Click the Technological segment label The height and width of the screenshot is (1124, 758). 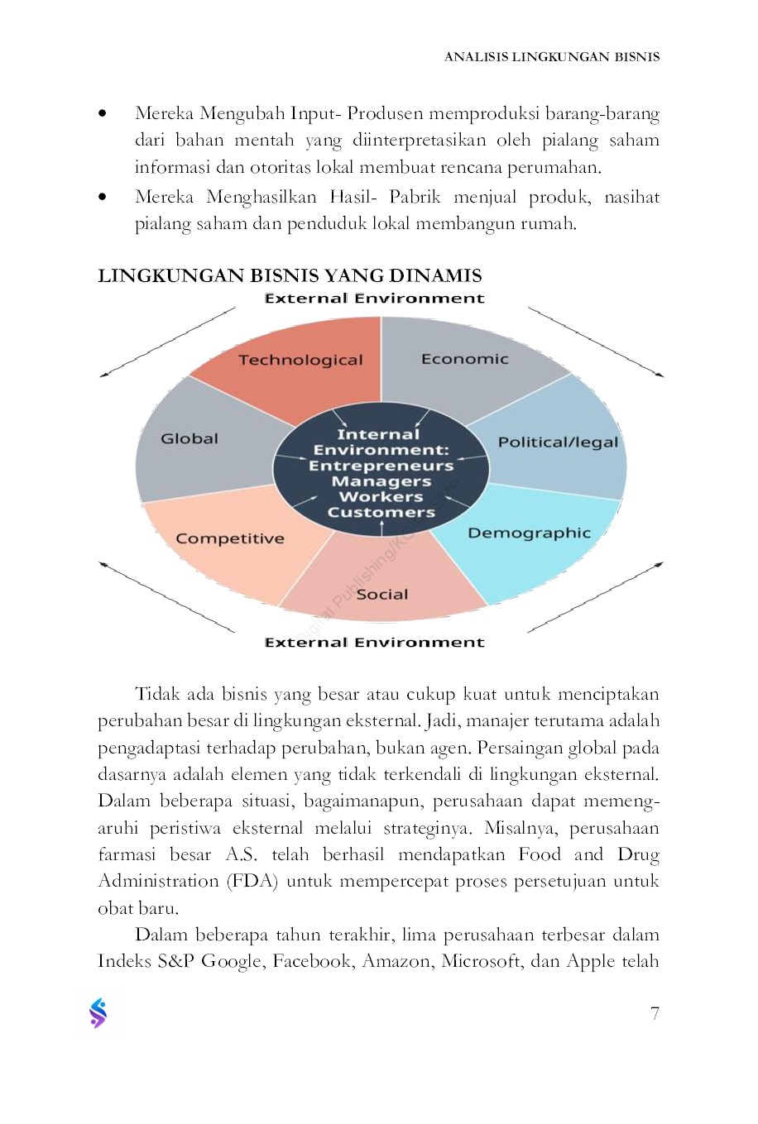pyautogui.click(x=300, y=360)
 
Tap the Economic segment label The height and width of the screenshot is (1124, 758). pyautogui.click(x=464, y=359)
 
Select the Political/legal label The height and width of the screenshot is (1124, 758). pyautogui.click(x=558, y=442)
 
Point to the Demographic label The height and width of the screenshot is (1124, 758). pyautogui.click(x=529, y=533)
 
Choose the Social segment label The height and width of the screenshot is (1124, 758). pyautogui.click(x=381, y=594)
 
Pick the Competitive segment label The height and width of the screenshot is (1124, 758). pyautogui.click(x=229, y=538)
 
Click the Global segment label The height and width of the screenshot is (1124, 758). pyautogui.click(x=189, y=438)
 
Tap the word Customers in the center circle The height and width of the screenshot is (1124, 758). pyautogui.click(x=381, y=512)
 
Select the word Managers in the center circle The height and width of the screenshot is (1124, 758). pyautogui.click(x=381, y=481)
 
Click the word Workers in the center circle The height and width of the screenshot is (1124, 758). pyautogui.click(x=381, y=496)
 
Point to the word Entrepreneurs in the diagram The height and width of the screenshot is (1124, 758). pyautogui.click(x=381, y=466)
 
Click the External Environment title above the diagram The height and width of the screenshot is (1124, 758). pyautogui.click(x=374, y=299)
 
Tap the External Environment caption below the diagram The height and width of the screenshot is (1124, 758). pyautogui.click(x=374, y=643)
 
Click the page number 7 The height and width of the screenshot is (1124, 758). pyautogui.click(x=655, y=1013)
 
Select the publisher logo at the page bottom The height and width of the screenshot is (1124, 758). pyautogui.click(x=98, y=1013)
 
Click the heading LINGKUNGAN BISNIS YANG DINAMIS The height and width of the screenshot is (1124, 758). pyautogui.click(x=290, y=275)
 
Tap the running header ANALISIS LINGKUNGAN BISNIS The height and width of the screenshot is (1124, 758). pyautogui.click(x=551, y=57)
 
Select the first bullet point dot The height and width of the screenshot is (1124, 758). pyautogui.click(x=102, y=113)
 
